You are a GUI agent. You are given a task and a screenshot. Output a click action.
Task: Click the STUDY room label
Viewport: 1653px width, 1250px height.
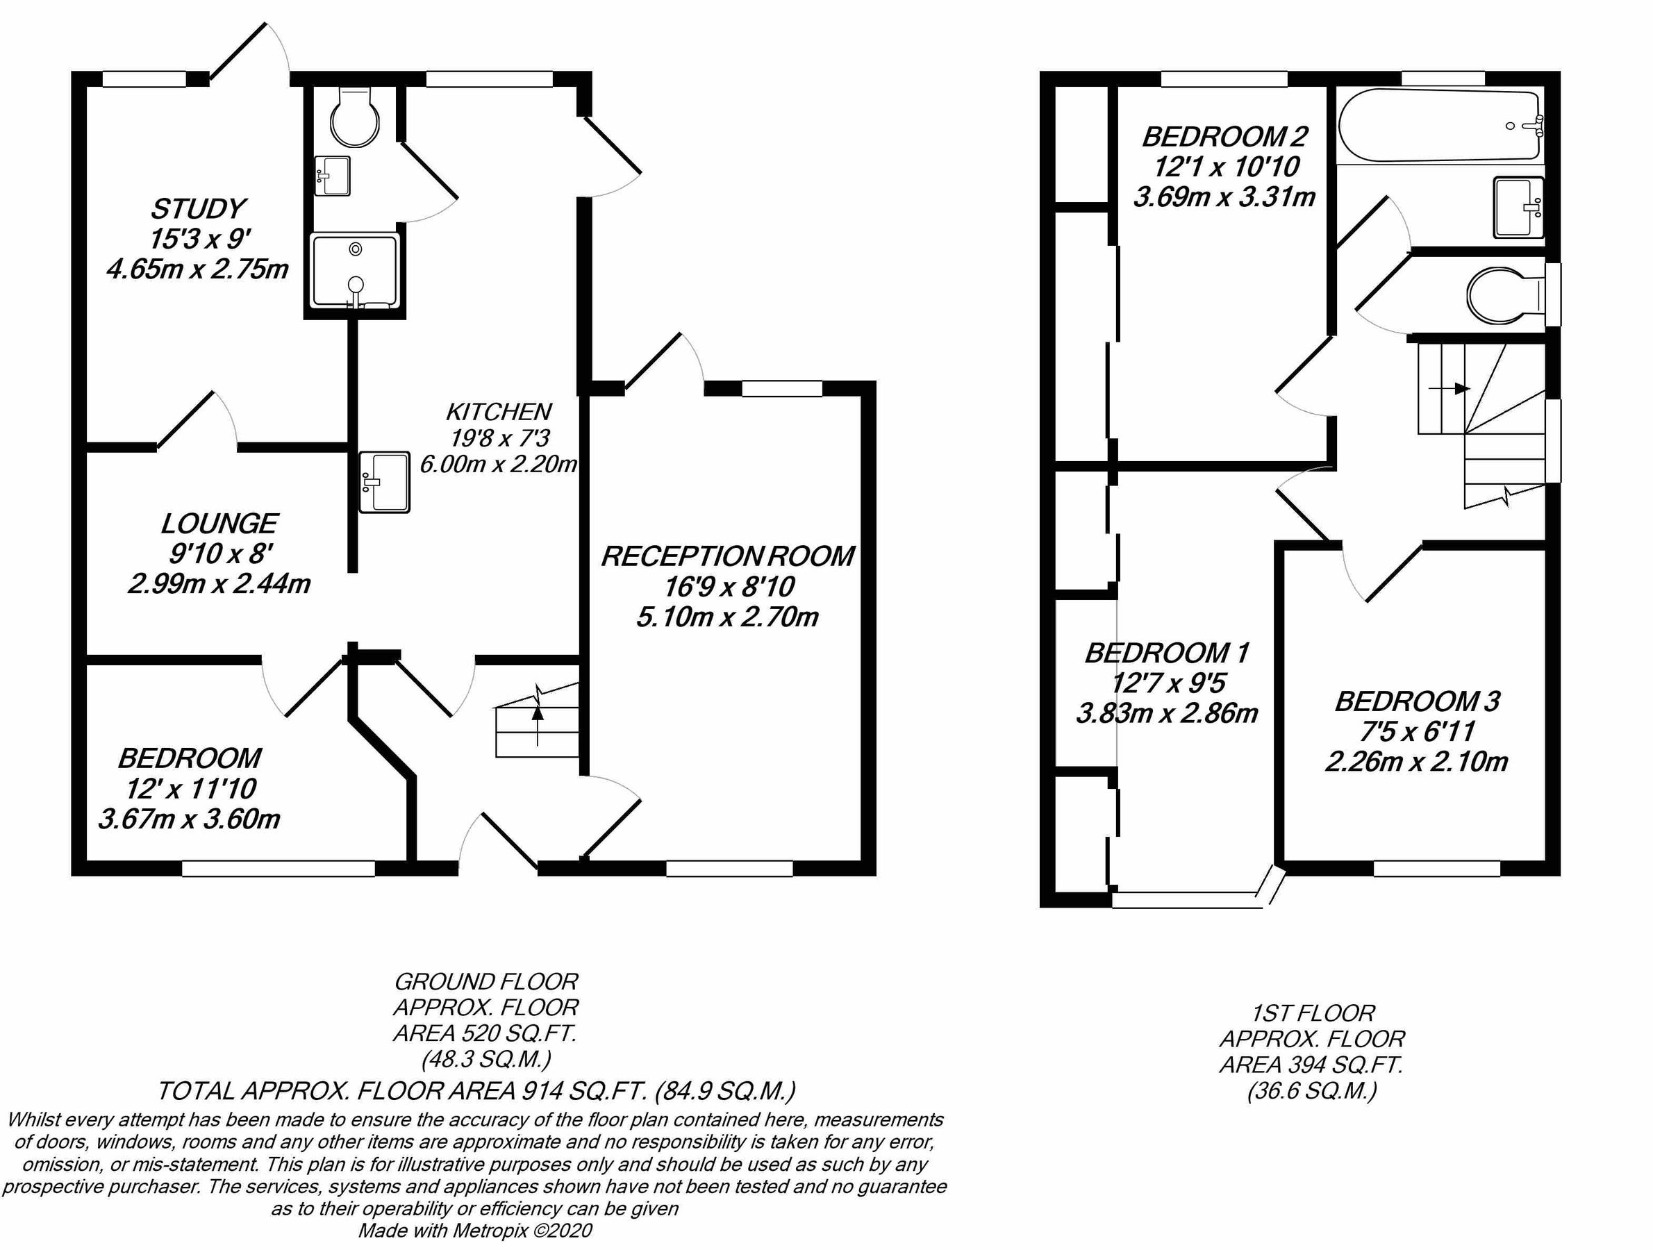pyautogui.click(x=198, y=208)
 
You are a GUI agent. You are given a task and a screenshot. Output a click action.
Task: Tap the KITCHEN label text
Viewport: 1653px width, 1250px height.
pyautogui.click(x=499, y=412)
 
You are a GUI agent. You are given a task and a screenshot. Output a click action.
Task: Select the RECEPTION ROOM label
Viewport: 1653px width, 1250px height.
pyautogui.click(x=727, y=557)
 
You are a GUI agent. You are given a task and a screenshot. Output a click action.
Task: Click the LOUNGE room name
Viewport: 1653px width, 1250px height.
pyautogui.click(x=219, y=523)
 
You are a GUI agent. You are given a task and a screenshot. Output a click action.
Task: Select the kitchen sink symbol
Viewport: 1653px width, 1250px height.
pyautogui.click(x=384, y=482)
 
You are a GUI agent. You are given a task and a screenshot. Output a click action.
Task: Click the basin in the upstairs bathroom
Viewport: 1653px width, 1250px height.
pyautogui.click(x=1518, y=208)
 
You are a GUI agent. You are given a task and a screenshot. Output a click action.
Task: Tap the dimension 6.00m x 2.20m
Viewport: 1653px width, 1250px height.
pyautogui.click(x=499, y=464)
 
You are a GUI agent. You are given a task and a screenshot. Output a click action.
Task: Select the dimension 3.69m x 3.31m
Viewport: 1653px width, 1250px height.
pyautogui.click(x=1224, y=197)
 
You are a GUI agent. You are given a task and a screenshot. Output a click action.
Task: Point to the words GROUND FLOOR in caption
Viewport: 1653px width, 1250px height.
pyautogui.click(x=485, y=981)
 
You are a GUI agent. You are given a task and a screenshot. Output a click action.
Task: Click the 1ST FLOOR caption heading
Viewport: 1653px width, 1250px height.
pyautogui.click(x=1312, y=1013)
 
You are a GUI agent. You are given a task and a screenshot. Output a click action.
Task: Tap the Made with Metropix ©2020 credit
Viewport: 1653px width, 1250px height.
pyautogui.click(x=475, y=1231)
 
